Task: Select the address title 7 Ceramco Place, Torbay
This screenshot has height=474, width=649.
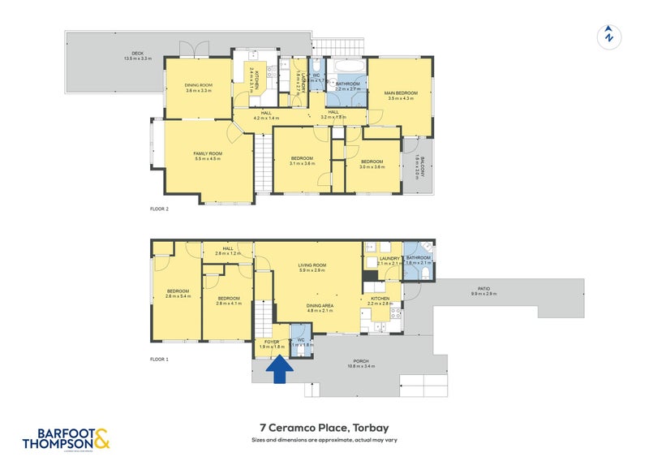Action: click(324, 428)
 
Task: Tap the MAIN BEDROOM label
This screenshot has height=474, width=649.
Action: click(400, 93)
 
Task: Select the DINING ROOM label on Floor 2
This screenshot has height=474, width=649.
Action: click(198, 85)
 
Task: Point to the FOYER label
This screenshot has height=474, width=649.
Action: click(267, 342)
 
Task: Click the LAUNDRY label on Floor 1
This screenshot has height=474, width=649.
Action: click(390, 258)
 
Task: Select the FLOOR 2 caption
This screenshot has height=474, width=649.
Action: click(159, 209)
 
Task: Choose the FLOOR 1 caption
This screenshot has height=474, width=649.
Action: click(159, 358)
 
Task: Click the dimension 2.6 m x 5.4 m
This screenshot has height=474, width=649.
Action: click(178, 296)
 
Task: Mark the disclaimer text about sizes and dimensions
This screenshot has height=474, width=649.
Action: click(324, 440)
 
